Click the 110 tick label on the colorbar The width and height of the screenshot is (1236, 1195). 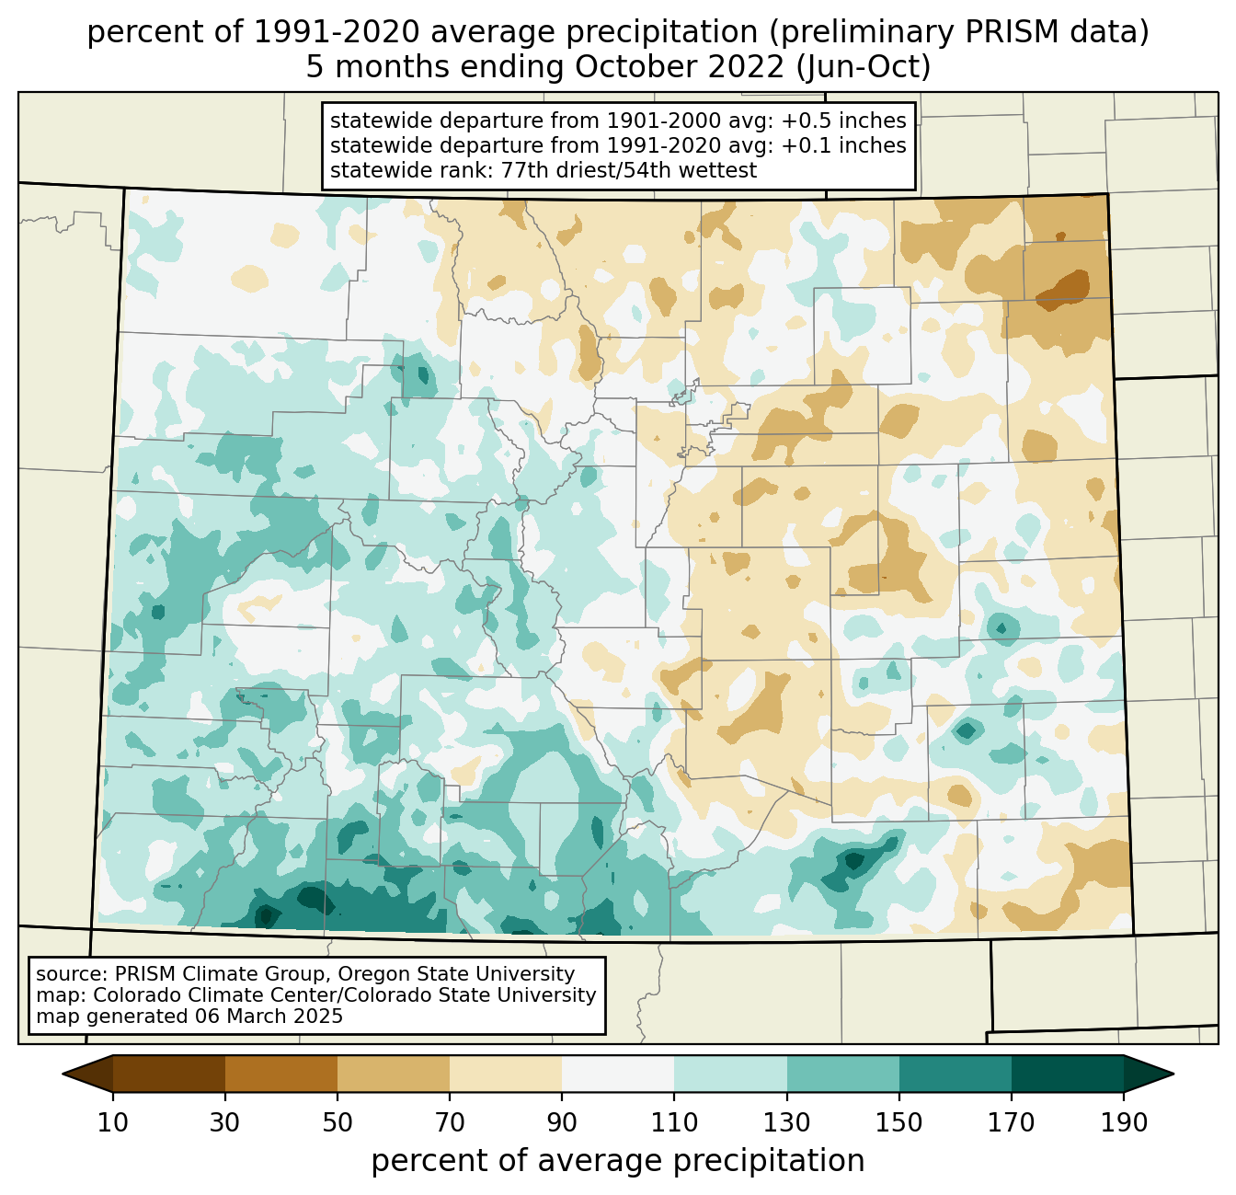pyautogui.click(x=674, y=1122)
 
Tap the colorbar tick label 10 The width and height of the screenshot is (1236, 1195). pyautogui.click(x=112, y=1122)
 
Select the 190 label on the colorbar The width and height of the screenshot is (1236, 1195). pyautogui.click(x=1124, y=1122)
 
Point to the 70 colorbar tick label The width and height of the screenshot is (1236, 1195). pyautogui.click(x=450, y=1122)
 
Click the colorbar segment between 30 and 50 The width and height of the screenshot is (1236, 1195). pyautogui.click(x=280, y=1074)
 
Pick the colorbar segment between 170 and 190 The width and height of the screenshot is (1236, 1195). pyautogui.click(x=1067, y=1074)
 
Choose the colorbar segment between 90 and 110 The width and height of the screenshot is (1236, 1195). pyautogui.click(x=618, y=1074)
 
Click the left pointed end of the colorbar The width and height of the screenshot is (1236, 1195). pyautogui.click(x=63, y=1074)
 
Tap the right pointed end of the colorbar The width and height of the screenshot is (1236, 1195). pyautogui.click(x=1173, y=1074)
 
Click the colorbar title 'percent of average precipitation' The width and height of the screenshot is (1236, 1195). pyautogui.click(x=617, y=1161)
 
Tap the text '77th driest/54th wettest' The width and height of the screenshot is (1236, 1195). pyautogui.click(x=628, y=170)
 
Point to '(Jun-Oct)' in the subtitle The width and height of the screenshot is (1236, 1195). pyautogui.click(x=864, y=67)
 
